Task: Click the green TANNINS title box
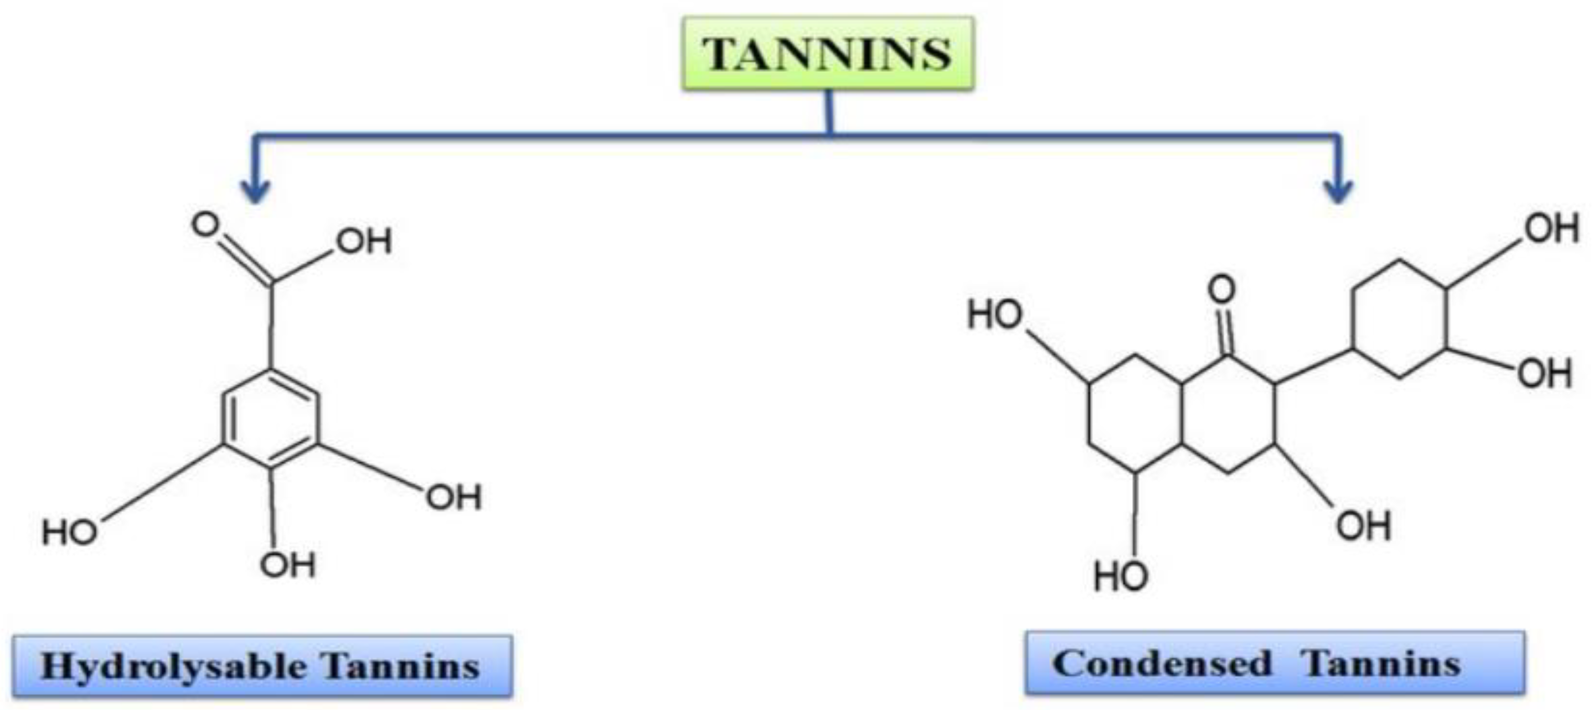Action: [827, 54]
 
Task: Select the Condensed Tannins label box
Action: [1274, 663]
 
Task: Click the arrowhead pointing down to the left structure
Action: [255, 192]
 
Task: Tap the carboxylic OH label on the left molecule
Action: [364, 241]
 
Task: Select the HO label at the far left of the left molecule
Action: [69, 532]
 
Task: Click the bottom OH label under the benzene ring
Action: [287, 565]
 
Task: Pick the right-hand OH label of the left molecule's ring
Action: [453, 497]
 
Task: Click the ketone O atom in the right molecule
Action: [1222, 289]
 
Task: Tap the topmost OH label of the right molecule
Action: [1551, 228]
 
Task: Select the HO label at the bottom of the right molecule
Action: [1121, 576]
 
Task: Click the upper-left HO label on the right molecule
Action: [995, 314]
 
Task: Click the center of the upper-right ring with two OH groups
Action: [1399, 318]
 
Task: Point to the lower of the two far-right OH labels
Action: [1544, 374]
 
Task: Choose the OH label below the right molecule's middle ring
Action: [1363, 526]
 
